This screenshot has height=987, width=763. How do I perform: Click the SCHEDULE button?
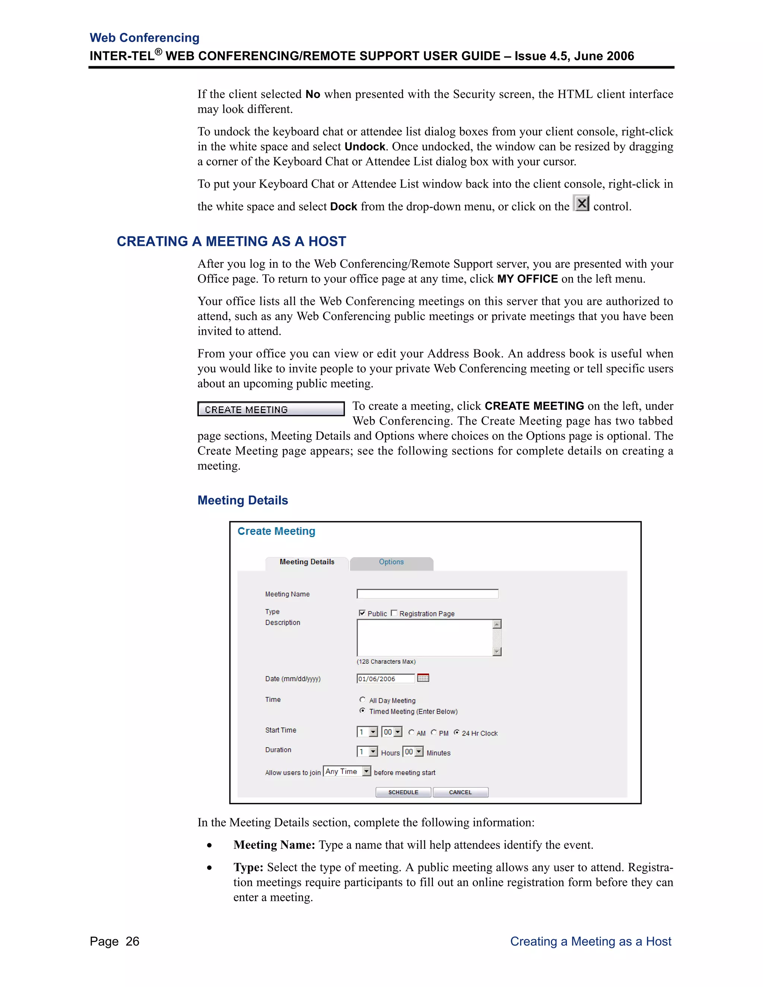coord(403,792)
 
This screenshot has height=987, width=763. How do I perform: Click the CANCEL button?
coord(460,792)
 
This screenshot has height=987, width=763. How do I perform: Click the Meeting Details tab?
coord(307,562)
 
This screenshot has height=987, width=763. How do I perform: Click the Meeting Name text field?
coord(427,594)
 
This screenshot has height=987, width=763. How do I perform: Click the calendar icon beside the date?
coord(423,678)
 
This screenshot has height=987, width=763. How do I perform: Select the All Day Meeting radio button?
coord(362,699)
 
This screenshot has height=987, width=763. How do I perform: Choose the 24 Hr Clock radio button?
coord(456,732)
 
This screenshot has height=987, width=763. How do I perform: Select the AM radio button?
coord(411,732)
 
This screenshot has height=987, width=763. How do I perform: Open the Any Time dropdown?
coord(367,771)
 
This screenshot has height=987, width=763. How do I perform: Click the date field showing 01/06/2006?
coord(385,678)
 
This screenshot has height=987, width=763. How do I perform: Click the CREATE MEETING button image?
coord(271,409)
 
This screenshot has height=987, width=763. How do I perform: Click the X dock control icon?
coord(581,203)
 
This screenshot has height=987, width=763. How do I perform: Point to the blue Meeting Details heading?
coord(243,500)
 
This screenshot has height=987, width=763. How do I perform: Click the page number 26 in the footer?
coord(132,941)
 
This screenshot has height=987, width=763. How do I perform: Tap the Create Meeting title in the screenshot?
coord(276,531)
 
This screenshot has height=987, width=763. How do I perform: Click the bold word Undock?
coord(365,146)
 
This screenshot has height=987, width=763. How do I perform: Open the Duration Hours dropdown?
coord(373,752)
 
